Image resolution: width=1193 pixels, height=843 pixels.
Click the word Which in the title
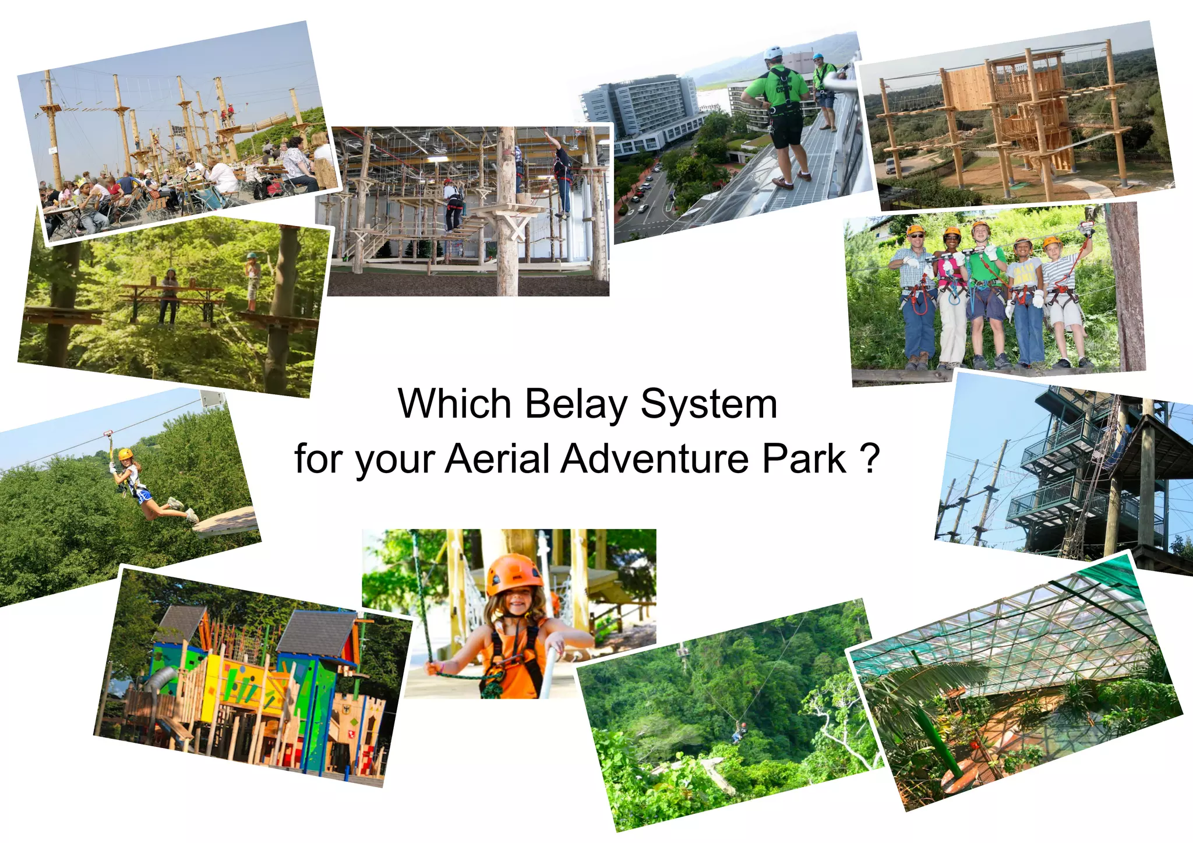pos(454,404)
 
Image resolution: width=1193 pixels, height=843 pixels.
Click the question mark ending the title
pos(869,459)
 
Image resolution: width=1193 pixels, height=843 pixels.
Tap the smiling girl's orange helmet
pos(514,574)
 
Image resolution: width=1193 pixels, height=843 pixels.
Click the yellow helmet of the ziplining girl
pos(125,454)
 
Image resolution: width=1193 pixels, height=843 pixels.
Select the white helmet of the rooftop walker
pos(773,52)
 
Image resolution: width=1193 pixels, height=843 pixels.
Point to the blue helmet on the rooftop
pos(818,57)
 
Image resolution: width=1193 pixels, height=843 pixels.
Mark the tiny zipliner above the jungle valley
pos(742,730)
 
